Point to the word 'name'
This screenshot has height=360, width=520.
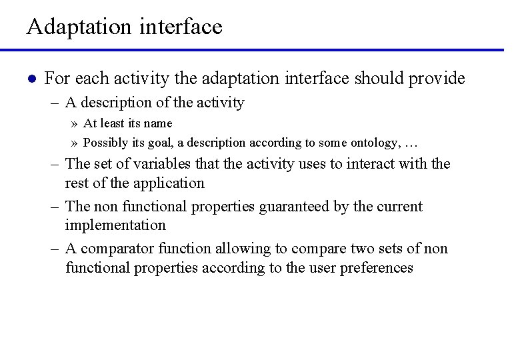[x=158, y=123]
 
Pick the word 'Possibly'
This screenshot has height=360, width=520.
[x=104, y=143]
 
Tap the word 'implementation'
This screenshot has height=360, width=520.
[x=115, y=225]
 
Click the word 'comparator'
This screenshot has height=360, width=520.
[x=113, y=249]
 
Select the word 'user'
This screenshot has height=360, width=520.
[x=323, y=268]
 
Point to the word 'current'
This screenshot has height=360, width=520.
[x=397, y=207]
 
